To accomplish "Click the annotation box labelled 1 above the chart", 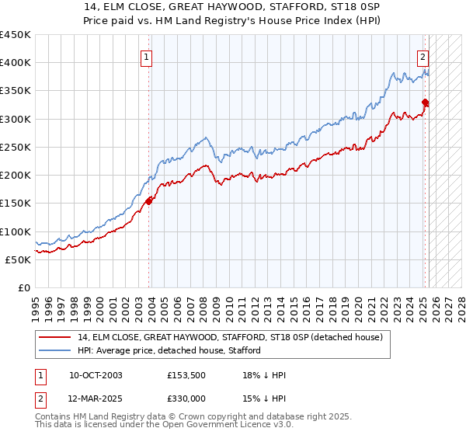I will [x=146, y=56].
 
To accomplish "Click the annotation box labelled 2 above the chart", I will [x=423, y=56].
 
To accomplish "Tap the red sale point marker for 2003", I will [x=148, y=201].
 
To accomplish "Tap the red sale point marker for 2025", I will [x=425, y=102].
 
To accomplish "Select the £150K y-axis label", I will [x=16, y=204].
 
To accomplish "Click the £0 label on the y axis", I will [x=24, y=287].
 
